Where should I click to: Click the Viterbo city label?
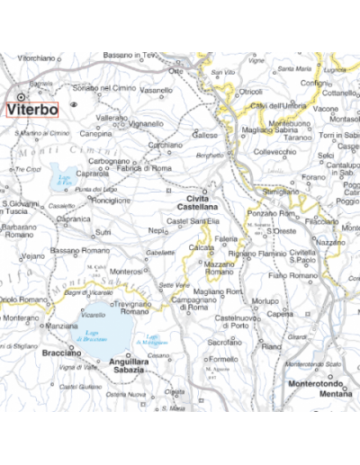[32, 109]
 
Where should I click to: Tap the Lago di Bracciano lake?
[99, 338]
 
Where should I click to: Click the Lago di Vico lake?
[62, 175]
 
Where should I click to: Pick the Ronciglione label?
[112, 201]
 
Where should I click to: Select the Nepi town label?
[158, 230]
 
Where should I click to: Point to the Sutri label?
[103, 231]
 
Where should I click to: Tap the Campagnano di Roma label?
[190, 303]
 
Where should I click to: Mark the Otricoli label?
[249, 92]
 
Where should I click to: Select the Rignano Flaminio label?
[256, 254]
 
